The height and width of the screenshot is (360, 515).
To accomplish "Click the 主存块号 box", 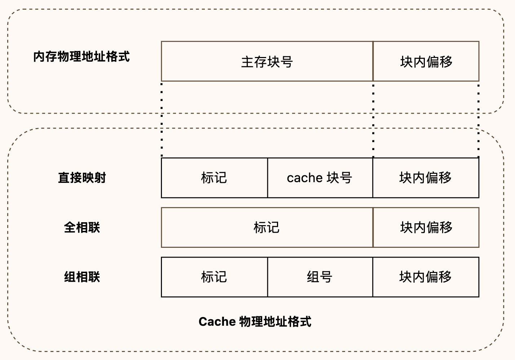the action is (267, 61).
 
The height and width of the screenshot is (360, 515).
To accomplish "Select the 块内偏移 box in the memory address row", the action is (426, 61).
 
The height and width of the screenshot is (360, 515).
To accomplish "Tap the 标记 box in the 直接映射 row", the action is (215, 178).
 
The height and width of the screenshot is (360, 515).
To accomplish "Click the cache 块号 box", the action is (320, 178).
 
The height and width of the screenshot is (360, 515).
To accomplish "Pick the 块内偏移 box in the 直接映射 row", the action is (426, 178).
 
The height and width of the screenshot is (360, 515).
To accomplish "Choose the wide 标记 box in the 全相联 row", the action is (267, 228).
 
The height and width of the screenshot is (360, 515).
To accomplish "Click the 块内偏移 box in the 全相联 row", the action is (426, 228).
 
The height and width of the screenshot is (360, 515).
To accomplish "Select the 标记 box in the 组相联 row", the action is (215, 277).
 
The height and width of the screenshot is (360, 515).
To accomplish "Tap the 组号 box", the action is (320, 277).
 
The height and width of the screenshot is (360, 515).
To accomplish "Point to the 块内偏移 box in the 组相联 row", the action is (426, 277).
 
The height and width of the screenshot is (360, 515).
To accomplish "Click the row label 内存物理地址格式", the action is (82, 57).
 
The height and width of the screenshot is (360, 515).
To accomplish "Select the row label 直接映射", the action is (82, 178).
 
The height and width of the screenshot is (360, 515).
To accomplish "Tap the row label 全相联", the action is (82, 228).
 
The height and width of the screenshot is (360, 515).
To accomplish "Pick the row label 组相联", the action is (82, 277).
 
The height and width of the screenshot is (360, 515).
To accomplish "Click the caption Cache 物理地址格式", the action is (255, 322).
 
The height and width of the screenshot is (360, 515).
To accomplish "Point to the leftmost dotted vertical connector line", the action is (162, 120).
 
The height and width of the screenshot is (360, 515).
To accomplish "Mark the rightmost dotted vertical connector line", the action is (479, 121).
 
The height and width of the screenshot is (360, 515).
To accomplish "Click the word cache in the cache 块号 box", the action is (305, 178).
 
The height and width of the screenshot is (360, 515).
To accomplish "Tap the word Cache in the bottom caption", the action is (217, 322).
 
